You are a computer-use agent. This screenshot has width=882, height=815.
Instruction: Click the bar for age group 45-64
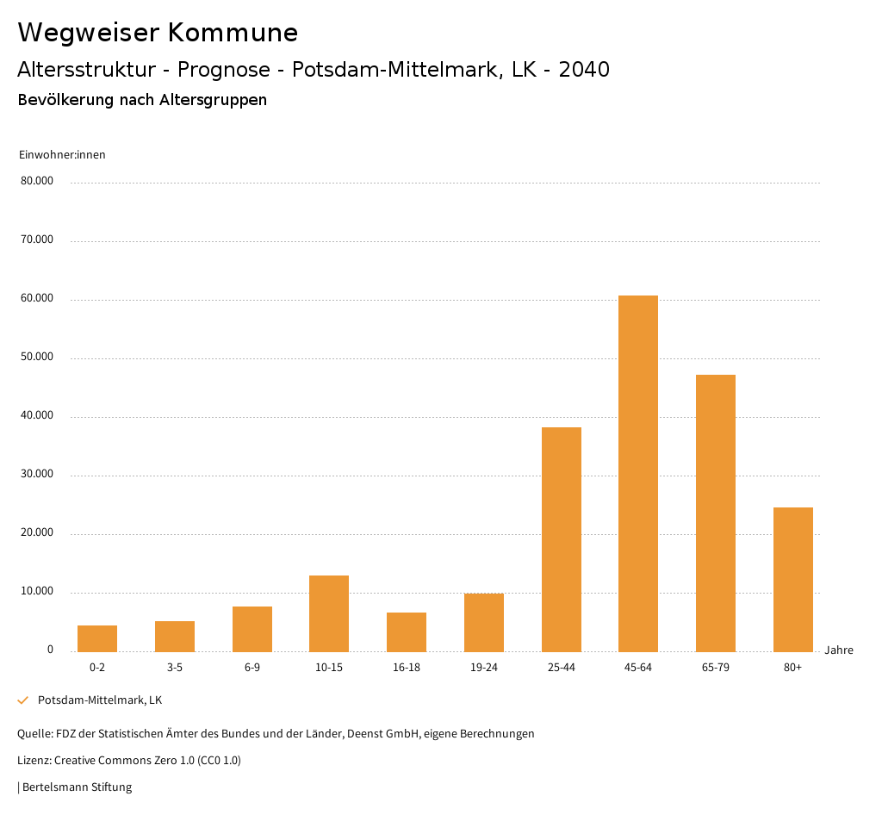(x=638, y=473)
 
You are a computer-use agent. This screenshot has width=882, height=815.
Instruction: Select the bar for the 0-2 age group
(x=97, y=638)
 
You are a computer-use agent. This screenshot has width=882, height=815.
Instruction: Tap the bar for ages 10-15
(x=329, y=613)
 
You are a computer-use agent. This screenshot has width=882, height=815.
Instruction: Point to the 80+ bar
(x=793, y=579)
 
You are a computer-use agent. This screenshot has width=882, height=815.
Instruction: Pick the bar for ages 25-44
(x=562, y=539)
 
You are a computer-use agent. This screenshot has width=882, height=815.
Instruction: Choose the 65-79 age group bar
(x=716, y=513)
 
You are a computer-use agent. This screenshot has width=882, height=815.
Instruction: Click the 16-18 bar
(x=407, y=631)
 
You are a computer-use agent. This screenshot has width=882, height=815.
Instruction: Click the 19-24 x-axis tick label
(x=484, y=668)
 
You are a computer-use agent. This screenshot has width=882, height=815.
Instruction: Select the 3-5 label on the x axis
(x=175, y=668)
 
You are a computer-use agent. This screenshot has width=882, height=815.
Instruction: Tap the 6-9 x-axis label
(x=252, y=668)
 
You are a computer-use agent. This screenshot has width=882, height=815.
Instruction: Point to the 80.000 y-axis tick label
(x=37, y=181)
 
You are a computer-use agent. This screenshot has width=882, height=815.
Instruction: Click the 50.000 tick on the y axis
(x=37, y=357)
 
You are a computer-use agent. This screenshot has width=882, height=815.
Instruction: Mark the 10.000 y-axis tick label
(x=37, y=591)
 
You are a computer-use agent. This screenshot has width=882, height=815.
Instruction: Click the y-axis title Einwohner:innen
(x=62, y=155)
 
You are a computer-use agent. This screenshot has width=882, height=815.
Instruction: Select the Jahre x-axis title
(x=839, y=650)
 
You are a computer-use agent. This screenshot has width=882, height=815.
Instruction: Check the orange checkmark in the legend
(x=23, y=700)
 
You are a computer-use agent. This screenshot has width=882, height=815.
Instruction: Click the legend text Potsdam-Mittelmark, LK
(x=100, y=700)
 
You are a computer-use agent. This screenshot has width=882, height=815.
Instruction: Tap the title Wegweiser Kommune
(x=158, y=33)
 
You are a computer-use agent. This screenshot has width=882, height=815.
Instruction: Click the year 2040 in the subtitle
(x=584, y=70)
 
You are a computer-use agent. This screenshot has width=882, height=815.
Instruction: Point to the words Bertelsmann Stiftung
(x=77, y=787)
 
